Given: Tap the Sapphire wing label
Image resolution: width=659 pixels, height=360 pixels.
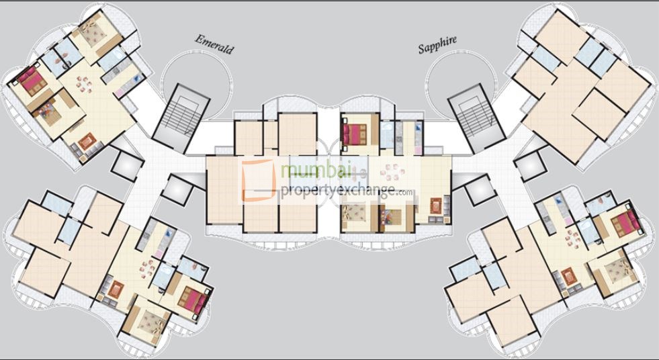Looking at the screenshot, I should pyautogui.click(x=437, y=44).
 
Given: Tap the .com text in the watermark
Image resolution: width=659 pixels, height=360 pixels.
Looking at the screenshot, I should pyautogui.click(x=405, y=193).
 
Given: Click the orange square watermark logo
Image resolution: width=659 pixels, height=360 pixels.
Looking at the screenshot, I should pyautogui.click(x=259, y=179).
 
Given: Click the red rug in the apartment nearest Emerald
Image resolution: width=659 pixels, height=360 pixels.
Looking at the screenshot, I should pyautogui.click(x=86, y=142).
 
